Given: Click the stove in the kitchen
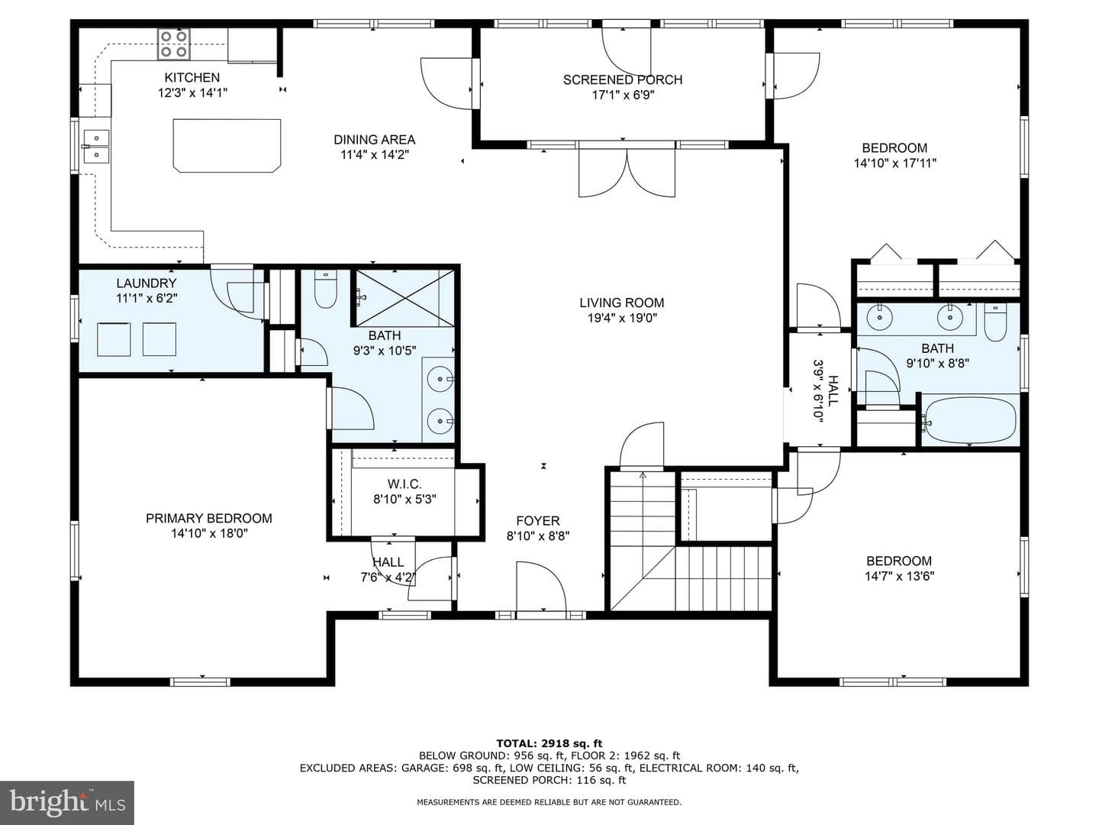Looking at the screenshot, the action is pos(174,44).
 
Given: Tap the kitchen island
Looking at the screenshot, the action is pos(227,145).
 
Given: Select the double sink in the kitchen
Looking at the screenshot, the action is pos(95,146).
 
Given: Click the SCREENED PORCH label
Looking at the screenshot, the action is pos(622,79).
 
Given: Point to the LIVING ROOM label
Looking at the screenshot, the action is pos(622,302).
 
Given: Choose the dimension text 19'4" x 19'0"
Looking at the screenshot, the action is pos(622,318).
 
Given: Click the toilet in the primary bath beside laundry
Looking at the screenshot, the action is pos(325,289).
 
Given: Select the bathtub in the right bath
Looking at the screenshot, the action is pos(970,420).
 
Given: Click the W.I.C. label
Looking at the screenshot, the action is pos(404,484).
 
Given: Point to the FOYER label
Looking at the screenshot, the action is pos(538,520).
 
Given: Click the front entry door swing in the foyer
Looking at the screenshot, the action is pos(541,586).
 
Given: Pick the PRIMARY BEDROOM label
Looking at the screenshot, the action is pos(209,518).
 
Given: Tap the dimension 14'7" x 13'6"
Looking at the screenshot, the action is pos(899,576).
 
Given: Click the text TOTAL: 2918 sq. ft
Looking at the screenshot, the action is pos(549,743).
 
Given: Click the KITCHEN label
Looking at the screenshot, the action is pos(192,78).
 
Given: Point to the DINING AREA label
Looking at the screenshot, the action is pos(375,140).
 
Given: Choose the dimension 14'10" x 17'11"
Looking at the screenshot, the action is pos(894,163).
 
